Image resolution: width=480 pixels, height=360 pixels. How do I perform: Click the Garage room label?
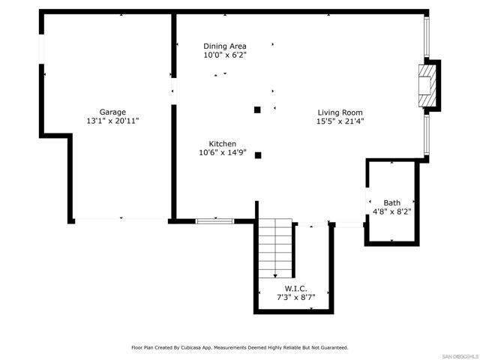tap(113, 111)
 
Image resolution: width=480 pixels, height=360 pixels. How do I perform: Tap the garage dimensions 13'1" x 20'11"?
tap(113, 120)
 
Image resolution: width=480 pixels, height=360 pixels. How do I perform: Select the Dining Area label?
tap(224, 46)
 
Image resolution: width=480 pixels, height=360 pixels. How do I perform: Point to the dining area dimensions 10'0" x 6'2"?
tap(224, 55)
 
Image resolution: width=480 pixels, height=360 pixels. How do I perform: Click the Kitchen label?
tap(223, 143)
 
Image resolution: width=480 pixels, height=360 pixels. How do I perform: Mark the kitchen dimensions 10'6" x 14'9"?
tap(223, 152)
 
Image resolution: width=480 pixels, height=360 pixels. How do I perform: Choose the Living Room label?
tap(340, 112)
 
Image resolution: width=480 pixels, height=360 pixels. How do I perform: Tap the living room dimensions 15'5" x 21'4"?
tap(340, 121)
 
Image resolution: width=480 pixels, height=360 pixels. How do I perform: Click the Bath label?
tap(391, 202)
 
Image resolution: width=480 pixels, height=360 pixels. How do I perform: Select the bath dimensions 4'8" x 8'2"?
tap(391, 211)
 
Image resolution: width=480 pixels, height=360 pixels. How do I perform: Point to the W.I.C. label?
tap(295, 288)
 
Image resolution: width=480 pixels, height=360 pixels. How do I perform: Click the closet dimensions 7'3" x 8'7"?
tap(295, 297)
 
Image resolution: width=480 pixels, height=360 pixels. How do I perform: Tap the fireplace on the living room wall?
tap(426, 85)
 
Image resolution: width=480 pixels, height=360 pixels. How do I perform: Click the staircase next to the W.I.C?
tap(274, 247)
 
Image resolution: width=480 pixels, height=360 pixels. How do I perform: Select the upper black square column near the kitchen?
tap(257, 109)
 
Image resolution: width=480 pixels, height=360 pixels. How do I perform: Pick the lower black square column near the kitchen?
tap(257, 155)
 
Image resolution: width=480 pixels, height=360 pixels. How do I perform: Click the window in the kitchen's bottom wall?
tap(214, 220)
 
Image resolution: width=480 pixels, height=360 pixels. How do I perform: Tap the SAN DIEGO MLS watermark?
tap(459, 355)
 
